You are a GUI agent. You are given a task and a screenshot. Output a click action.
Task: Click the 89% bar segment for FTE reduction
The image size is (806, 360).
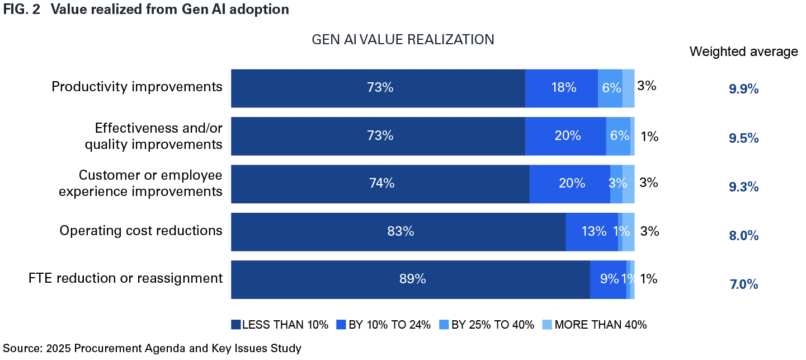point(411,279)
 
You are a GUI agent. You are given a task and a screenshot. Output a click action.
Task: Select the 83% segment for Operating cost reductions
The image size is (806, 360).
point(398,232)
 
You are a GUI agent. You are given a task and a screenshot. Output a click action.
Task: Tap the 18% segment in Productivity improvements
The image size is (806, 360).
point(562,88)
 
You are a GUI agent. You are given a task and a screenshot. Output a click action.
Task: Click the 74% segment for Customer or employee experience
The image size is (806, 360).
point(380,184)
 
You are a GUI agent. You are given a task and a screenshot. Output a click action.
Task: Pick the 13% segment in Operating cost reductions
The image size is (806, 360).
point(592,232)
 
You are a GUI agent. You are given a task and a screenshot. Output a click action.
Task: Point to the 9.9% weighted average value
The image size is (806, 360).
point(743,89)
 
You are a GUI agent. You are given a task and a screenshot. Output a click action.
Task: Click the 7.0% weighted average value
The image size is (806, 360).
point(743,284)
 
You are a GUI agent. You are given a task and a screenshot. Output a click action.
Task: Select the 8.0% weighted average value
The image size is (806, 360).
point(743,236)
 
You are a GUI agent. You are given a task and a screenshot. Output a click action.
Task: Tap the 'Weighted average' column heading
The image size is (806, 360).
point(743,52)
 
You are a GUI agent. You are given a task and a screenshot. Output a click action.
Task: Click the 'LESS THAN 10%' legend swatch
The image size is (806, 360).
point(236,325)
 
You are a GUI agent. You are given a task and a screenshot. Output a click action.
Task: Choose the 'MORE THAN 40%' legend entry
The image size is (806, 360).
point(595,325)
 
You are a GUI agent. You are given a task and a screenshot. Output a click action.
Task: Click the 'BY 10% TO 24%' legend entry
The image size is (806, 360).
point(384,325)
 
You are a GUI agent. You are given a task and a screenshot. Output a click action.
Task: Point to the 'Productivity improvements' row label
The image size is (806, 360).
point(137,87)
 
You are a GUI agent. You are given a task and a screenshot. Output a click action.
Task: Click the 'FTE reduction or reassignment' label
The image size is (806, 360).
point(126,278)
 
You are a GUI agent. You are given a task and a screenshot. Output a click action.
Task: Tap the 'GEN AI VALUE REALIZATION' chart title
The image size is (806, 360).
point(403,40)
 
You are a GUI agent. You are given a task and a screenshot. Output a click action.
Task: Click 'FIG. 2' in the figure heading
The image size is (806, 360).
point(21,10)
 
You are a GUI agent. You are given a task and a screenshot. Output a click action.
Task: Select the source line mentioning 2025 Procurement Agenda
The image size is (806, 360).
point(152,348)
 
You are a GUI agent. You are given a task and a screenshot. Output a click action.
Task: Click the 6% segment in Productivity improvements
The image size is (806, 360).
point(610,88)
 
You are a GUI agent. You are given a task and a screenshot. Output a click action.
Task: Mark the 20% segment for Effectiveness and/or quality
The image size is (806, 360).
point(565,136)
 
